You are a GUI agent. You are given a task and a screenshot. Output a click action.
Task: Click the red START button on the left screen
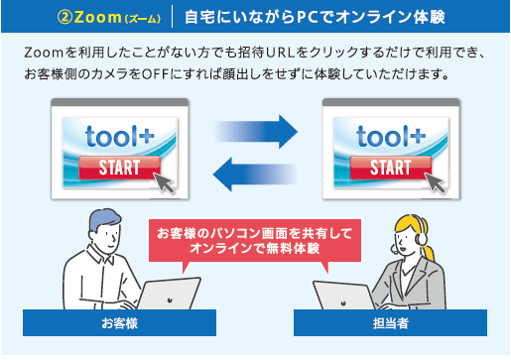click(118, 167)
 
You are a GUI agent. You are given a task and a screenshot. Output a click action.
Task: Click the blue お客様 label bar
click(118, 323)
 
